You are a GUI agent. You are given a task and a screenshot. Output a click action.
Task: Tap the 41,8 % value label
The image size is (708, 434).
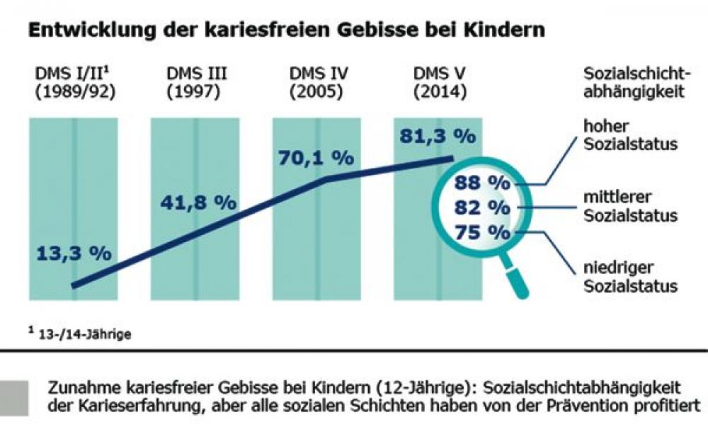click(195, 202)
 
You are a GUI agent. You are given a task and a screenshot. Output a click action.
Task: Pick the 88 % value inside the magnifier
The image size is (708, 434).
click(481, 182)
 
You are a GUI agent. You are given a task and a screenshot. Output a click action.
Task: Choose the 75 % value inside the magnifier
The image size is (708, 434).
click(481, 232)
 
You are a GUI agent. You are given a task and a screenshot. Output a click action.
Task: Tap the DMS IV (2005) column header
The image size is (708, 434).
click(316, 84)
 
